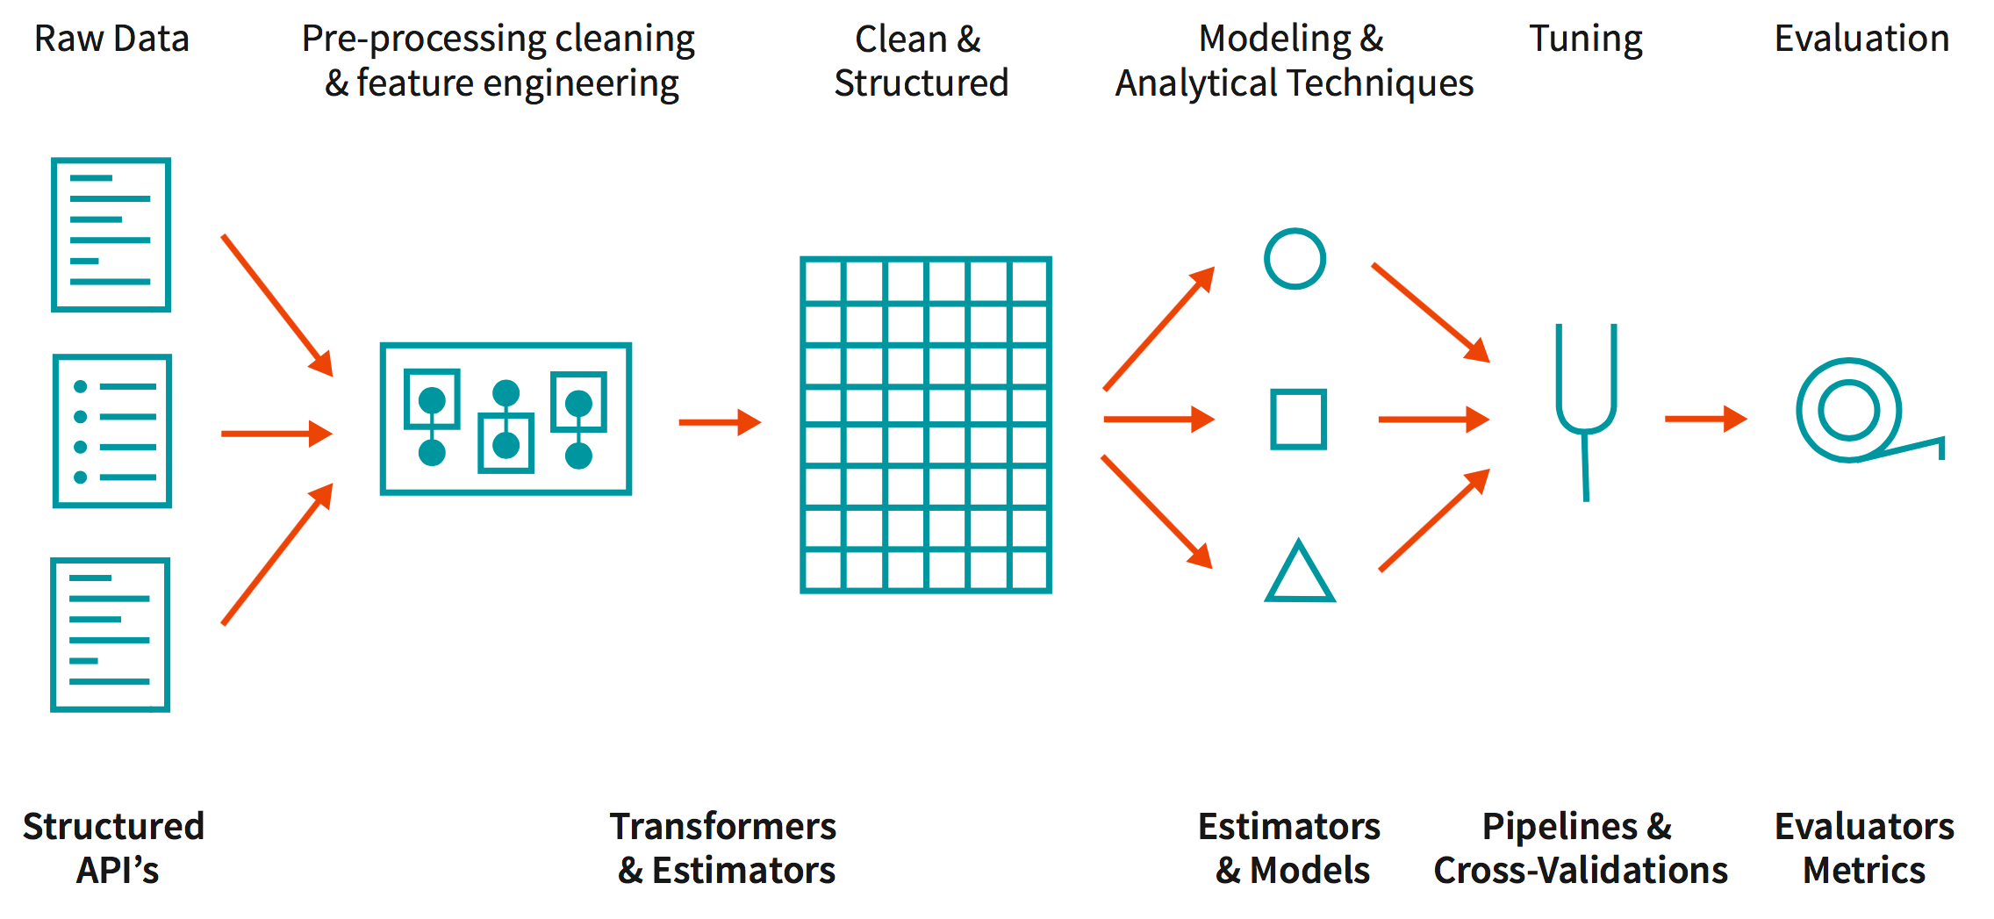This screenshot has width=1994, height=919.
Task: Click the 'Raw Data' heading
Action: coord(111,39)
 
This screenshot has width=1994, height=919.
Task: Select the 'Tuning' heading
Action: coord(1585,39)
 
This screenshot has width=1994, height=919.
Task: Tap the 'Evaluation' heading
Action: coord(1861,39)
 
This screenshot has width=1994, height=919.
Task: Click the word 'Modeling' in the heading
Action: coord(1274,39)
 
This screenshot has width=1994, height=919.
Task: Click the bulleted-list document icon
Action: coord(112,431)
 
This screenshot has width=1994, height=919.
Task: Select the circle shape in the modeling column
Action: coord(1295,259)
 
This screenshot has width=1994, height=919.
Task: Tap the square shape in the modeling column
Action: coord(1298,420)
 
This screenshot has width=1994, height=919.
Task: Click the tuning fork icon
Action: coord(1586,404)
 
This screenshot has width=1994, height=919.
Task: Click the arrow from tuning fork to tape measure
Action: coord(1704,419)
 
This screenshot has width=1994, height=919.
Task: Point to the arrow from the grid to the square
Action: coord(1158,420)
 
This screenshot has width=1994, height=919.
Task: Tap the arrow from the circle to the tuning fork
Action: coord(1430,312)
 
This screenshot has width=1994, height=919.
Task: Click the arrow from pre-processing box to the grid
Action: coord(719,422)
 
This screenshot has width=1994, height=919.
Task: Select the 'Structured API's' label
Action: coord(114,848)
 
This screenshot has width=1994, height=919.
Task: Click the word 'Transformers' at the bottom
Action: coord(722,827)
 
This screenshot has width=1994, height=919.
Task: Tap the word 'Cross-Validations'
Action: coord(1580,871)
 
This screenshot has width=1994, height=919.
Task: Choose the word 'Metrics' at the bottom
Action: coord(1863,871)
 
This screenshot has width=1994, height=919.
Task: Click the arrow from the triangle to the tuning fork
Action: coord(1433,521)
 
